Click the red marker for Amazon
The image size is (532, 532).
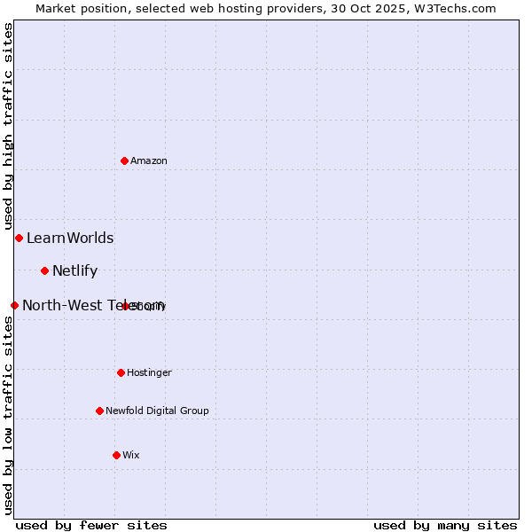tap(125, 160)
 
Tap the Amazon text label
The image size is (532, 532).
tap(148, 160)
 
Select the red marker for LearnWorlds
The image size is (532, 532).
tap(19, 238)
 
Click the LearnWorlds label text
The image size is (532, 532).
tap(70, 238)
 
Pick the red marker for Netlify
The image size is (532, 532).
tap(44, 270)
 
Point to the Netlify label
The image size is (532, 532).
tap(74, 270)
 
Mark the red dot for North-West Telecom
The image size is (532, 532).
tap(14, 305)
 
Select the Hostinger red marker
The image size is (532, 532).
tap(121, 372)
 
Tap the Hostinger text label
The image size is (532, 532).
tap(149, 372)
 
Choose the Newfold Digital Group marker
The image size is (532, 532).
tap(99, 411)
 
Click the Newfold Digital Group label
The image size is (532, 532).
tap(157, 411)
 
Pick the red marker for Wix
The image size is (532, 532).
tap(116, 455)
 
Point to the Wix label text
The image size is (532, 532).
tap(131, 455)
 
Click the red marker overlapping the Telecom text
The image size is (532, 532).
tap(126, 306)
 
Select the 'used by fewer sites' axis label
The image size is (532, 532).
tap(91, 525)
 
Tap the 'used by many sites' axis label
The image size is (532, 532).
tap(445, 525)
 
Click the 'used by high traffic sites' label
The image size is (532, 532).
tap(8, 125)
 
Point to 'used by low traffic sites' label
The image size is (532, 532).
tap(8, 414)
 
